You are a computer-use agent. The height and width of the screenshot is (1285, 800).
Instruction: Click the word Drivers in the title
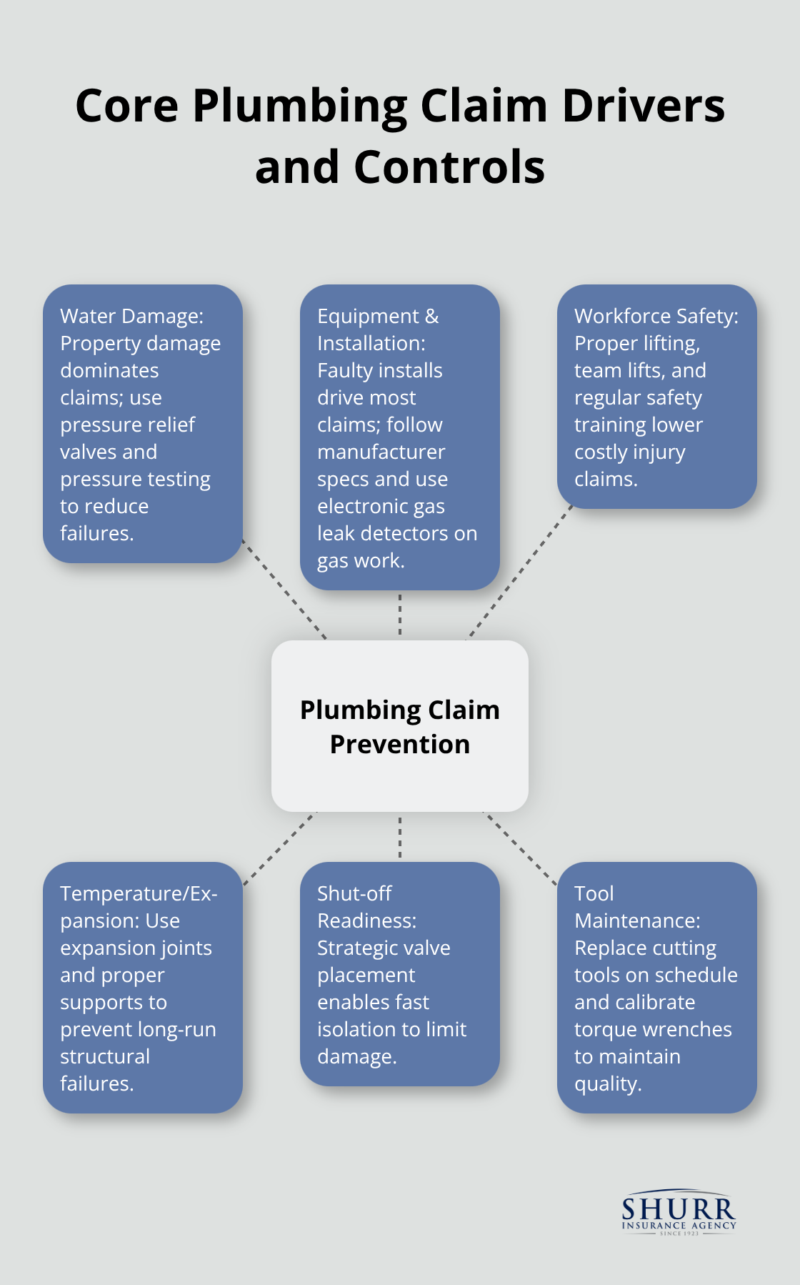(643, 106)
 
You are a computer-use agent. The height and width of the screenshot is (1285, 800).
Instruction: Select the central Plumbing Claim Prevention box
(400, 726)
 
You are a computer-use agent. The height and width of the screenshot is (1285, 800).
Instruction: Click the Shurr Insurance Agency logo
(678, 1214)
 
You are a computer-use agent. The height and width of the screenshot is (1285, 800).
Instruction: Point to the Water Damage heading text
(131, 316)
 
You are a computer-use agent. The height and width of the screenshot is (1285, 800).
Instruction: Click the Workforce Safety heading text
(656, 316)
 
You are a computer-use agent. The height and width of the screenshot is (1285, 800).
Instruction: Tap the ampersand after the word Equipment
(431, 316)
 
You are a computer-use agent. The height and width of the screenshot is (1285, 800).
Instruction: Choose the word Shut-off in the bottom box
(354, 893)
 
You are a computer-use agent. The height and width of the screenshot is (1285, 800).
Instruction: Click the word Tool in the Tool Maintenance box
(594, 893)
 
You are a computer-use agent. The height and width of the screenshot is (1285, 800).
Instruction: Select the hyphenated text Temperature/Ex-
(139, 893)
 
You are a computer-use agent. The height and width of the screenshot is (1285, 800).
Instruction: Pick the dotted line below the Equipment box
(400, 615)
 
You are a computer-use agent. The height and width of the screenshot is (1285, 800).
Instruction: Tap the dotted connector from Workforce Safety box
(521, 572)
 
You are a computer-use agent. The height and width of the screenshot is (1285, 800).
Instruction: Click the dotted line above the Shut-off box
(400, 837)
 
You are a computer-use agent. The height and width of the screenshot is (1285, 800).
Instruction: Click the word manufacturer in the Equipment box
(381, 452)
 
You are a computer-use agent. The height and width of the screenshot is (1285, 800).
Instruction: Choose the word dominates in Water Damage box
(109, 370)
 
